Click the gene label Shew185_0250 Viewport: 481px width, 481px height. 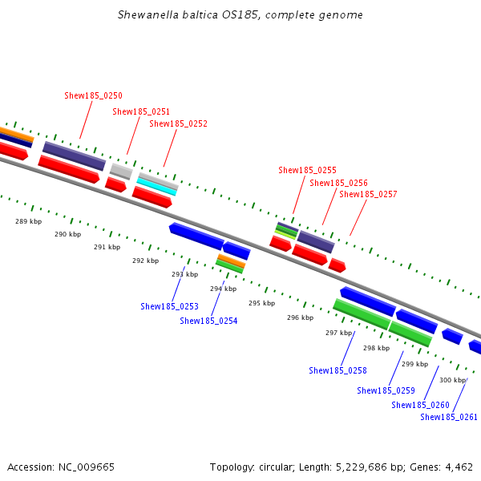click(x=93, y=95)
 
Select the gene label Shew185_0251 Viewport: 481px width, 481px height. click(x=141, y=111)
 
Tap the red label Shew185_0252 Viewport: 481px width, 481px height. click(x=178, y=123)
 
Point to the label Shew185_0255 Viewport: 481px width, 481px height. click(x=307, y=170)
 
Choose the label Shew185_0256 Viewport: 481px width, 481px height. click(x=338, y=183)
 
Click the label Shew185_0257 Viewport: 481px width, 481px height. click(x=368, y=194)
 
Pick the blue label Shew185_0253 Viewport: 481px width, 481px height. click(x=169, y=306)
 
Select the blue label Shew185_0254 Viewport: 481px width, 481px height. click(x=208, y=321)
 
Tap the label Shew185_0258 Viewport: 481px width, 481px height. click(x=338, y=370)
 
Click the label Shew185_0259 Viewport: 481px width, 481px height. click(x=386, y=390)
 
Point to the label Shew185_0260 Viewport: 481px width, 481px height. click(x=420, y=405)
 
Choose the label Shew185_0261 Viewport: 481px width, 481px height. click(x=449, y=417)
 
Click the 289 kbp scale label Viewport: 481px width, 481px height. click(x=28, y=221)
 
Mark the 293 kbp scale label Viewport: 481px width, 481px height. click(x=184, y=274)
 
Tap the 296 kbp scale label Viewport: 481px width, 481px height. click(x=300, y=317)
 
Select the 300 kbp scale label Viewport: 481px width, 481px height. click(x=452, y=380)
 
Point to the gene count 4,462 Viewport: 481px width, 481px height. click(x=459, y=467)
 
